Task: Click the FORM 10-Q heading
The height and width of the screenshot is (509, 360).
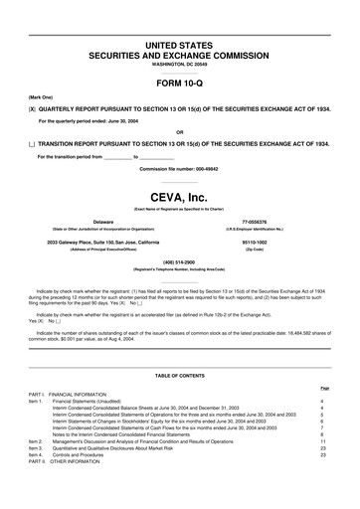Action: tap(179, 82)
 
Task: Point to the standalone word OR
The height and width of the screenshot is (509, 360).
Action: tap(179, 131)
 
